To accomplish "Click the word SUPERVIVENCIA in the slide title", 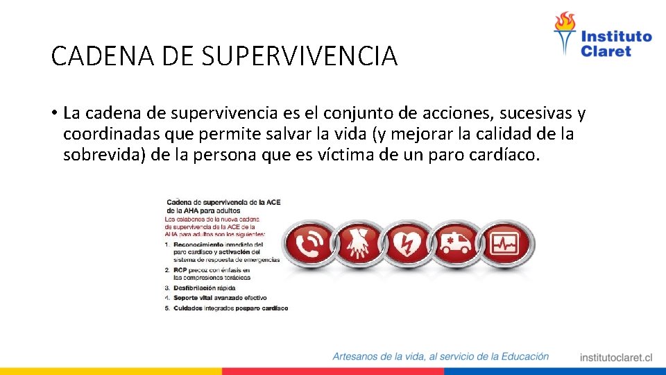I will [300, 56].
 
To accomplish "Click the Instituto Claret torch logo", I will [565, 33].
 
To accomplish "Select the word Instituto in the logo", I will [616, 36].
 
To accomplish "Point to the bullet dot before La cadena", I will [54, 113].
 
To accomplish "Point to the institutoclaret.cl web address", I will [616, 358].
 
